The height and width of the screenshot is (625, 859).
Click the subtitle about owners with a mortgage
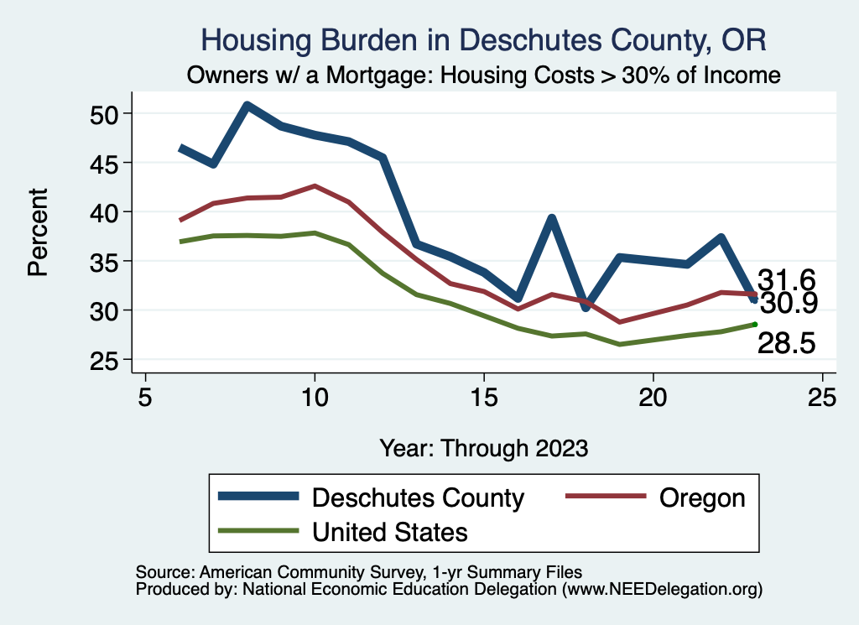click(x=484, y=76)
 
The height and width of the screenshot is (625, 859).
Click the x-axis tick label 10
click(x=314, y=396)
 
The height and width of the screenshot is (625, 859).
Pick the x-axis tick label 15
click(x=483, y=396)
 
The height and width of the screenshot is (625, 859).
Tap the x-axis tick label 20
click(x=653, y=396)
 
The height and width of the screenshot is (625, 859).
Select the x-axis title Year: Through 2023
click(x=484, y=447)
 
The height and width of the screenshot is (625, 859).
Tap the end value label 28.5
click(x=787, y=343)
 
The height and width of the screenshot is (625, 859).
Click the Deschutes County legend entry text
click(x=418, y=497)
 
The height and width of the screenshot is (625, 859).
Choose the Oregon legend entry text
click(x=702, y=497)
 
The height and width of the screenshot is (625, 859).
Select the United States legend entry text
click(x=389, y=531)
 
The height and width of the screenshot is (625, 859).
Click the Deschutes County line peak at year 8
click(x=247, y=106)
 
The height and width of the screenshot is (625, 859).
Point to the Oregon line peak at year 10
click(x=314, y=186)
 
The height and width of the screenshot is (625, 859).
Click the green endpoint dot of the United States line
click(x=755, y=325)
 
